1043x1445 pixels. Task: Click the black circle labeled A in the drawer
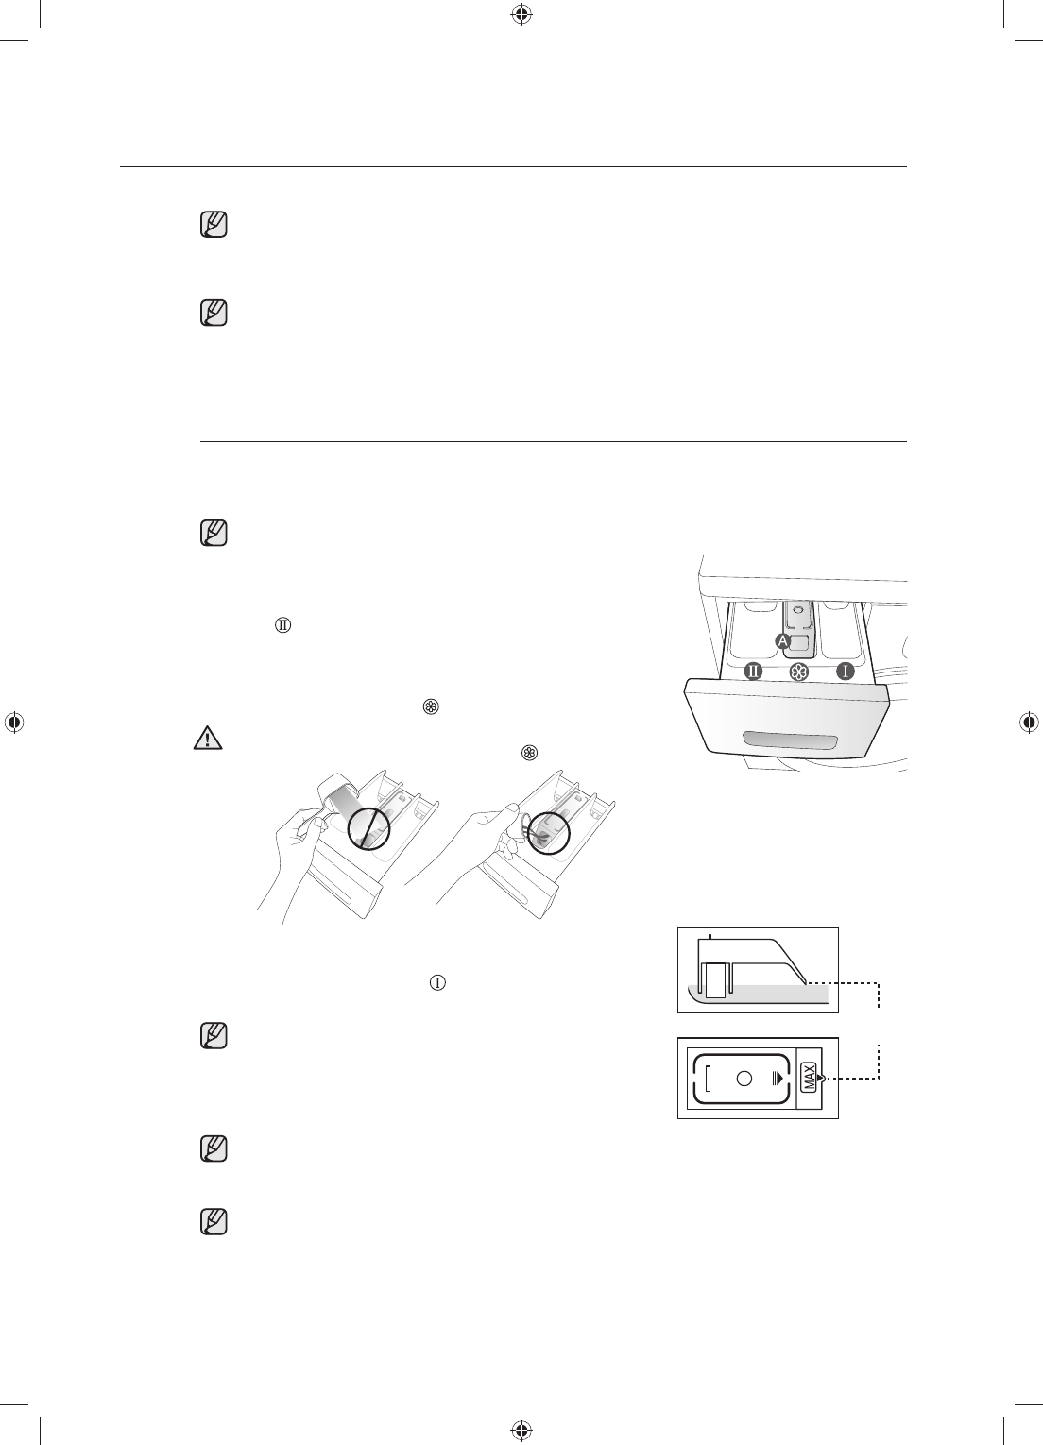point(782,640)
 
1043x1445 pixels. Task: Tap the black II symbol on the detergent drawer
point(753,671)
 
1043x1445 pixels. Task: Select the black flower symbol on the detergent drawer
point(799,672)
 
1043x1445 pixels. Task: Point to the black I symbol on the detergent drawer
point(845,671)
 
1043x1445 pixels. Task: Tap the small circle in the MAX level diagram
point(744,1078)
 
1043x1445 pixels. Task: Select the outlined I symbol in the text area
point(437,982)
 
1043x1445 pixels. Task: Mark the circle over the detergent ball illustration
point(549,827)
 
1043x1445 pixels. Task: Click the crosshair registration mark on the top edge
point(521,14)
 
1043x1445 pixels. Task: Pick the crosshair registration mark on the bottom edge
point(521,1430)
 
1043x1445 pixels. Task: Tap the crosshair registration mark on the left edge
point(13,722)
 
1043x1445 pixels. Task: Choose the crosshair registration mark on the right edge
point(1029,722)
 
